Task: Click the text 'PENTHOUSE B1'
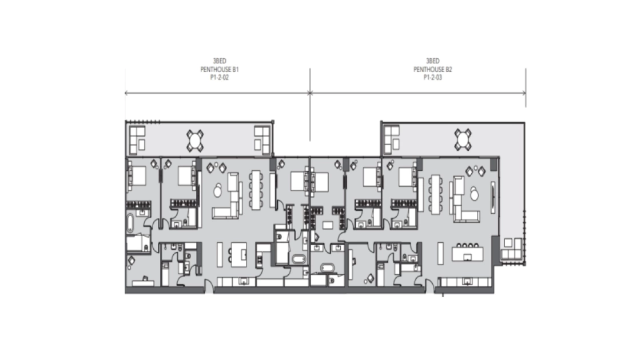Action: tap(220, 69)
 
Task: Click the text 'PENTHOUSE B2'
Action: tap(433, 69)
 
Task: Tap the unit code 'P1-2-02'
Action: tap(220, 77)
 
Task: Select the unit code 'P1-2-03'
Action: tap(433, 77)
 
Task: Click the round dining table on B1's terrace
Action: tap(195, 141)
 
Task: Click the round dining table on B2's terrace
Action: tap(463, 139)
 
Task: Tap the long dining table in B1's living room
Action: tap(256, 190)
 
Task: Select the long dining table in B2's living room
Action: tap(435, 194)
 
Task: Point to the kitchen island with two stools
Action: tap(238, 254)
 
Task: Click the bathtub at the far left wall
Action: tap(131, 223)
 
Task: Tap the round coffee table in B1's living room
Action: tap(217, 191)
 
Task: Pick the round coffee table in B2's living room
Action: tap(475, 195)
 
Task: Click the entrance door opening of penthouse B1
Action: tap(209, 287)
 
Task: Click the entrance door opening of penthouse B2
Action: tap(429, 287)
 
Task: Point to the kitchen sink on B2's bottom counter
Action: tap(467, 282)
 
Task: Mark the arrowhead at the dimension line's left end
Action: tap(127, 93)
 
